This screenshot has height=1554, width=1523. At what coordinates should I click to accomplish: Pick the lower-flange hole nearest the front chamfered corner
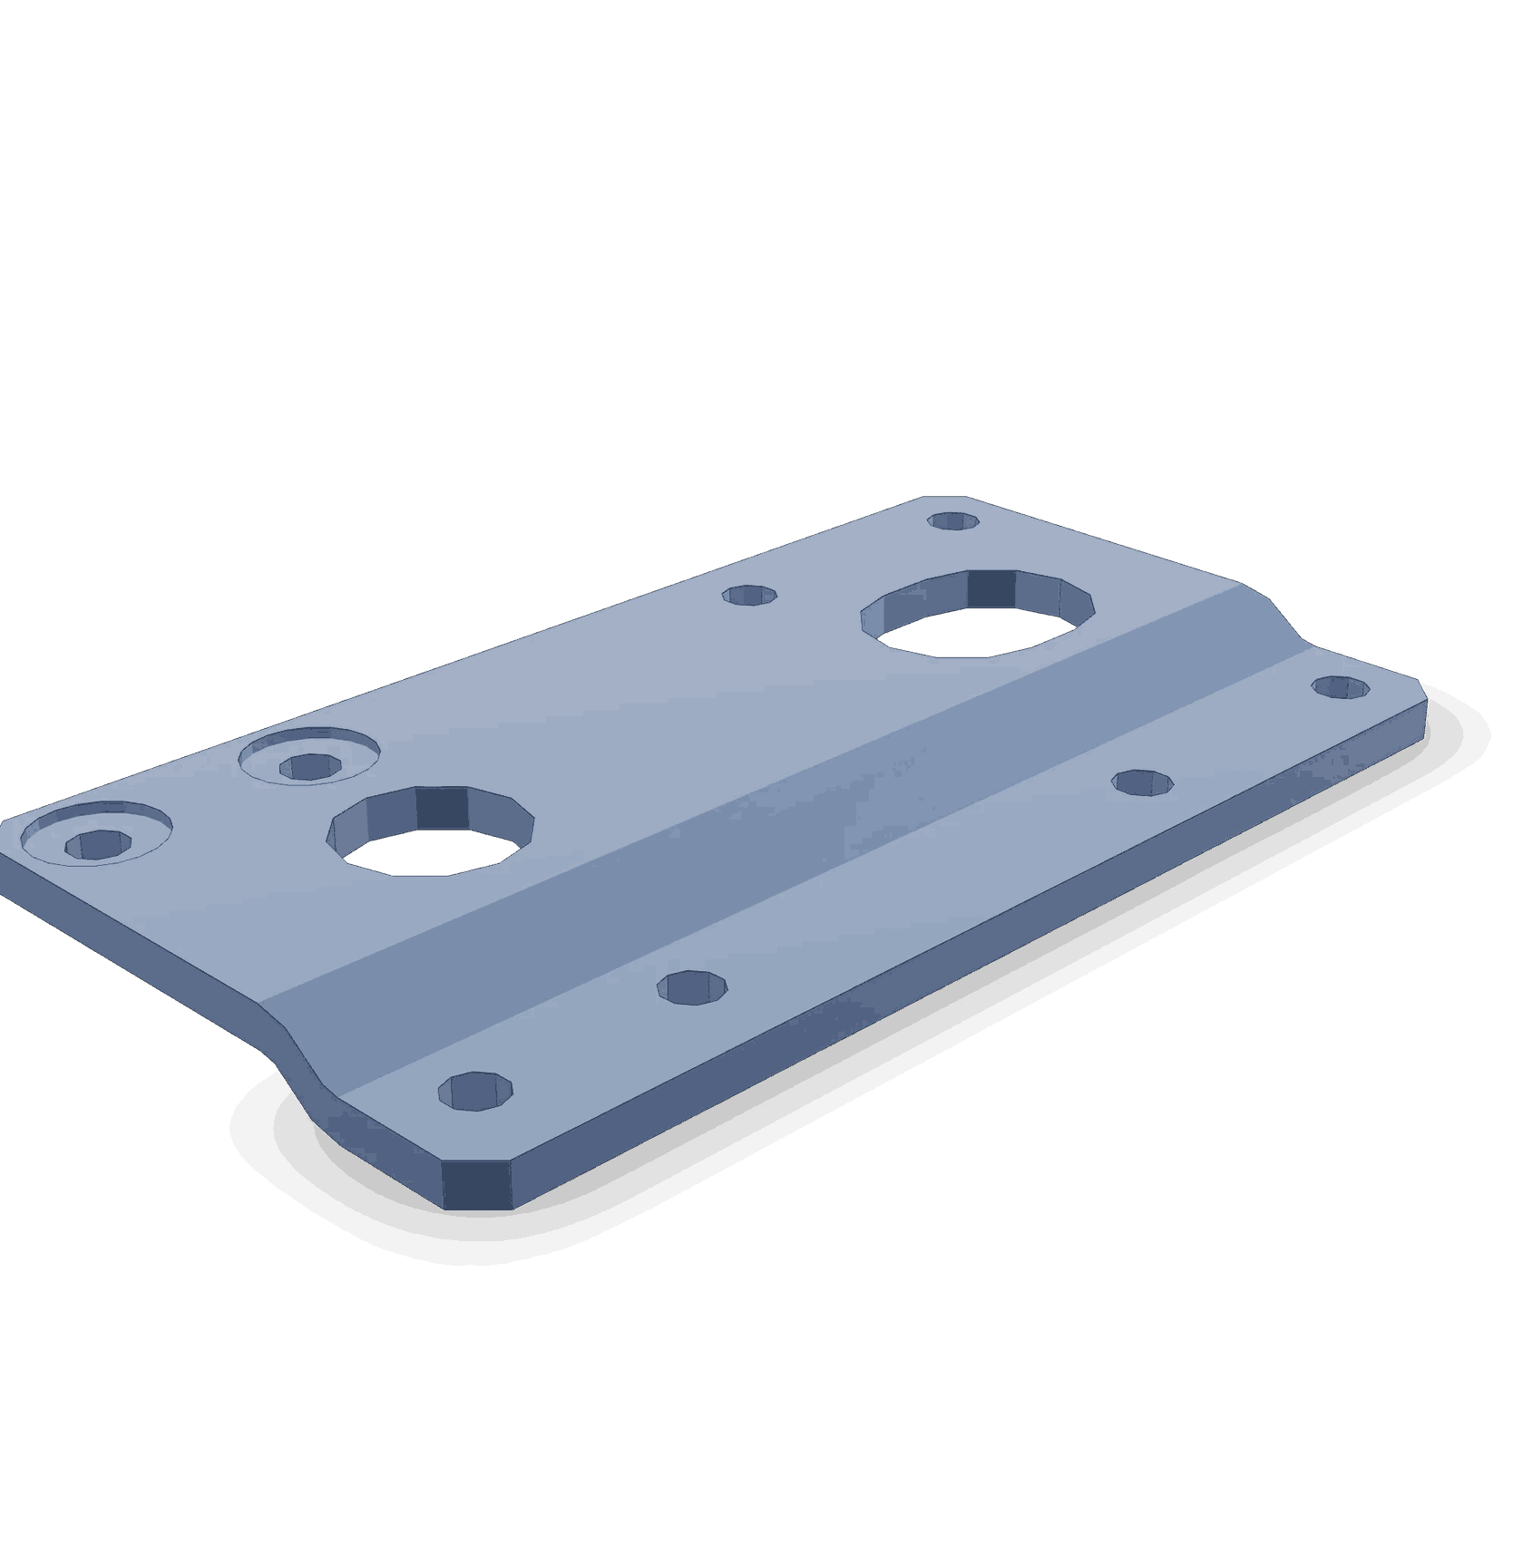click(x=475, y=1091)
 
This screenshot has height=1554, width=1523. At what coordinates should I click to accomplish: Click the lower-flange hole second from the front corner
click(x=693, y=988)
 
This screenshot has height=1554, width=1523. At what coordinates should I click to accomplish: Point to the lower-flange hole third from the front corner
click(x=1143, y=782)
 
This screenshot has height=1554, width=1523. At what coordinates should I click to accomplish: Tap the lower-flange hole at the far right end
click(x=1341, y=687)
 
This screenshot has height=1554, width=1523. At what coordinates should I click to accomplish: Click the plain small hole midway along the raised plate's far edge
click(x=750, y=596)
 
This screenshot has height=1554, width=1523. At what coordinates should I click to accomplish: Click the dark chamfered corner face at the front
click(x=476, y=1183)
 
